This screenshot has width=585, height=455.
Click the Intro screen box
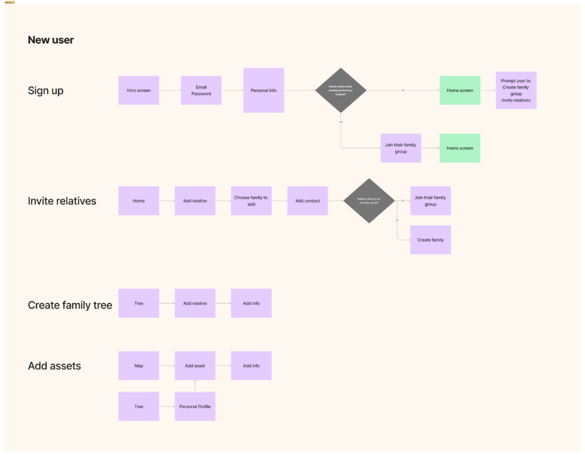(138, 90)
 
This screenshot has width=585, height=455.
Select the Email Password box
(201, 90)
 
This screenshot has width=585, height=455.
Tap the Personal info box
(264, 90)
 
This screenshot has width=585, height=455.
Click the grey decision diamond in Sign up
(341, 90)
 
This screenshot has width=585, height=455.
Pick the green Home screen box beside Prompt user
(460, 90)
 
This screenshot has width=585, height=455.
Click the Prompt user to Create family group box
(516, 90)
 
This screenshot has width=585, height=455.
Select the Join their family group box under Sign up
(401, 148)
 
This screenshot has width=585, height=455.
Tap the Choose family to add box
(251, 201)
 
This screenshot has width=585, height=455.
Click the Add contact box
(307, 201)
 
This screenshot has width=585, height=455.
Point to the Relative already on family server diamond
(369, 201)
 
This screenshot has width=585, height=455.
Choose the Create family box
(430, 240)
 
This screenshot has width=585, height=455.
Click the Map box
(138, 366)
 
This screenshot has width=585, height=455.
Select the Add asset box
(195, 366)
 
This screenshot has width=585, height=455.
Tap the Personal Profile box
(195, 407)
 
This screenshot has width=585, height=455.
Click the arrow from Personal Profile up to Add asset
(195, 386)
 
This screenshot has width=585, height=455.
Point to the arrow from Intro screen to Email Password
(170, 90)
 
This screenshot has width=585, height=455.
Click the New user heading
(51, 40)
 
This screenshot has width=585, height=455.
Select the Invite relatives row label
(62, 201)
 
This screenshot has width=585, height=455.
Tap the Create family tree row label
(70, 305)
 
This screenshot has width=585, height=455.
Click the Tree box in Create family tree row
(138, 303)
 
